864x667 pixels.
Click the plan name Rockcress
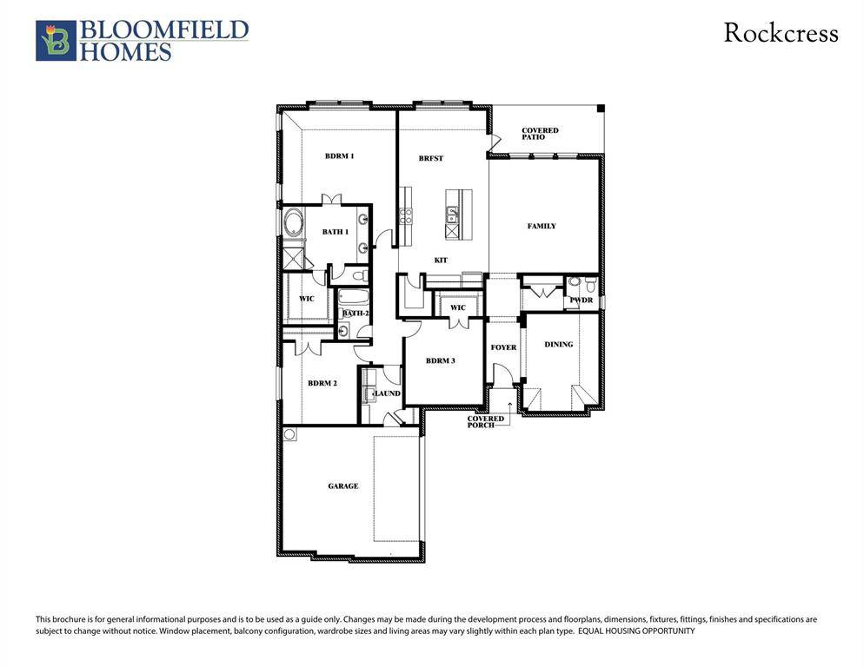pos(781,34)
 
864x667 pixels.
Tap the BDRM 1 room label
pos(339,156)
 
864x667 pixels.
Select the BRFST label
pos(430,158)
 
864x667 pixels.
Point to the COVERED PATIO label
pos(540,134)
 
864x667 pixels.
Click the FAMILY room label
pos(542,226)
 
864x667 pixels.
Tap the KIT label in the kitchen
pos(441,261)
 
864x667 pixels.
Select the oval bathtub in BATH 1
pos(293,224)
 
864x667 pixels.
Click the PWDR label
pos(580,300)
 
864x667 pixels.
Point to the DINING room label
pos(559,345)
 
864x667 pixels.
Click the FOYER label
pos(503,347)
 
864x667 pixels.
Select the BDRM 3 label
pos(441,360)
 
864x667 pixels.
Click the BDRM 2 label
pos(322,383)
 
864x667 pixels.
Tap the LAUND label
pos(387,393)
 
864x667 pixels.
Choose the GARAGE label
pos(343,486)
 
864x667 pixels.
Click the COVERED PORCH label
pos(485,422)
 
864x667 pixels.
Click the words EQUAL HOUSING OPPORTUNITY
pos(636,631)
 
